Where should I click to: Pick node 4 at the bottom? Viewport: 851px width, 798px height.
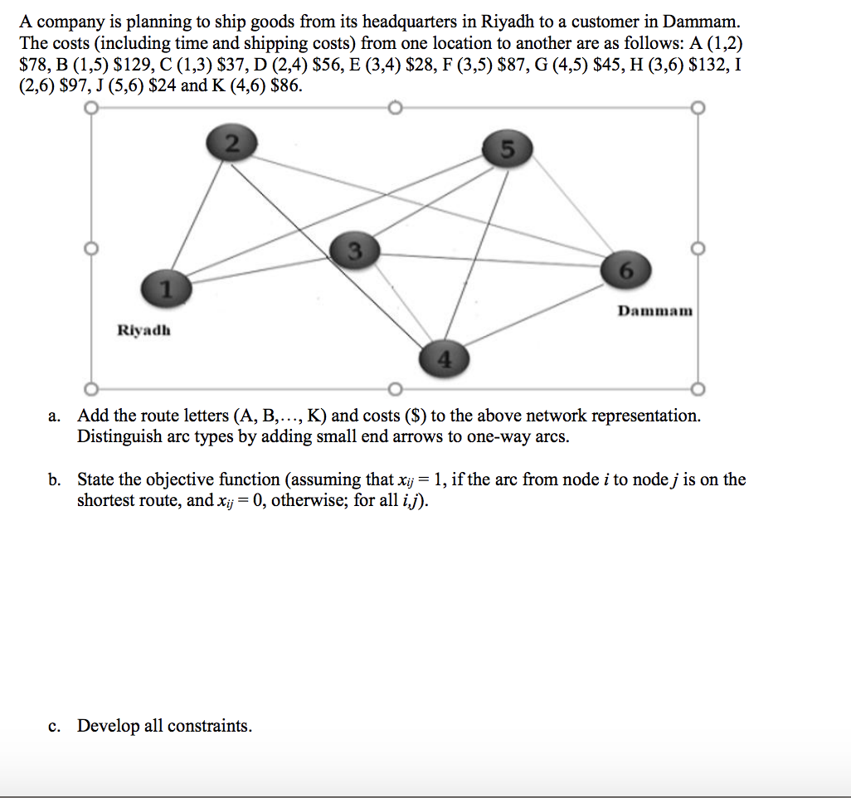click(x=445, y=358)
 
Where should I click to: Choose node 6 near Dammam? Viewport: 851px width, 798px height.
click(x=625, y=270)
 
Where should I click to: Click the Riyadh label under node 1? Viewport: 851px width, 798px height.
click(x=144, y=329)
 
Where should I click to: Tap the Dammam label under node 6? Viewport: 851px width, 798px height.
click(x=654, y=311)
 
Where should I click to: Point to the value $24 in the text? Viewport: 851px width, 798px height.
click(x=164, y=85)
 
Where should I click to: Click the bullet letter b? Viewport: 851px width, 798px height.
click(x=54, y=479)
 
